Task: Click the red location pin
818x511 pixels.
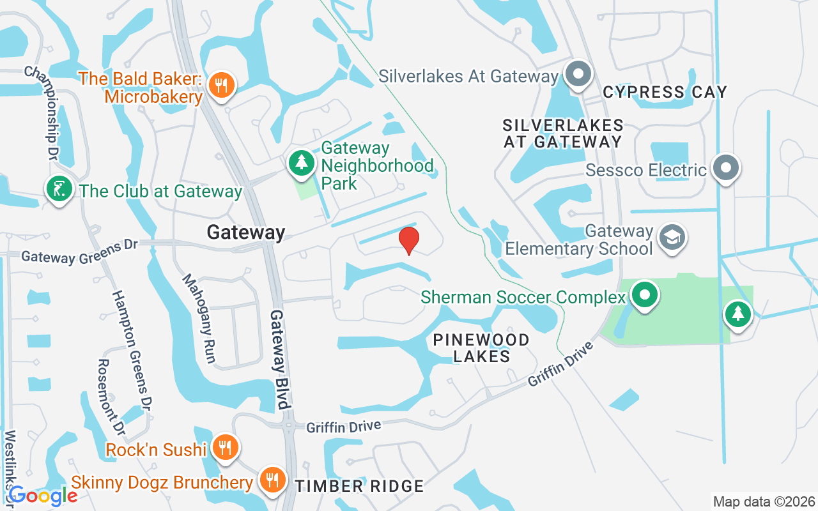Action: pos(408,240)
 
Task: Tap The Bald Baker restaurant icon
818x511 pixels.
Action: pos(222,84)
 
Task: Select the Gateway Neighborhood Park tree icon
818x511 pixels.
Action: pos(301,163)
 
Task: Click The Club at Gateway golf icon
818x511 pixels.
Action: pos(59,190)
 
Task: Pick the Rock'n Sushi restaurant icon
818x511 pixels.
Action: pos(224,446)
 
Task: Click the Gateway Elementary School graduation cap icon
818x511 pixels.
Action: pos(671,238)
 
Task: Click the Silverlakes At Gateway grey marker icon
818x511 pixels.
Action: pos(578,74)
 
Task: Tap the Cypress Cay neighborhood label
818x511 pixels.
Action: pos(665,92)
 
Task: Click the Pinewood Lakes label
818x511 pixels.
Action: pos(481,348)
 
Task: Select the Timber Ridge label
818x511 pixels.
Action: pos(359,486)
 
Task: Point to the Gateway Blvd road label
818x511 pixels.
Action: pos(280,359)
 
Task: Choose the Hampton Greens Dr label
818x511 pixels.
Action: pos(132,350)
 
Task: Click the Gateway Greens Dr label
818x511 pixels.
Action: pos(80,251)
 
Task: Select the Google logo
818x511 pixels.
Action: pos(43,495)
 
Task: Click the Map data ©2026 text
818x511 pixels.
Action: pos(764,501)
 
